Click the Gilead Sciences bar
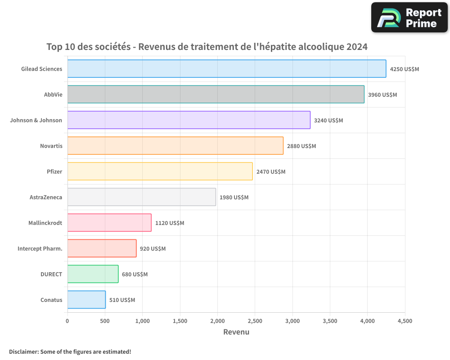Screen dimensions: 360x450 tap(226, 69)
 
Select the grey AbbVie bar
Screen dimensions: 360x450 tap(216, 94)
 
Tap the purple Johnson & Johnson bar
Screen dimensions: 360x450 tap(189, 120)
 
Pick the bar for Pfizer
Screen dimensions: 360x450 tap(160, 171)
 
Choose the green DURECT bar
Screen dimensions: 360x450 tap(93, 274)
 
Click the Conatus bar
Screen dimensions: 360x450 tap(86, 300)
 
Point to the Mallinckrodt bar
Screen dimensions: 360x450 tap(109, 223)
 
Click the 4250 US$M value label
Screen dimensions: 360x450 tap(404, 69)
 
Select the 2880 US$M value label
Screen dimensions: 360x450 tap(301, 146)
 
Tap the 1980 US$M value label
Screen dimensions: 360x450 tap(234, 198)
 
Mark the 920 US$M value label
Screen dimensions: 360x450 tap(153, 249)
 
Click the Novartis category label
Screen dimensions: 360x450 tap(51, 146)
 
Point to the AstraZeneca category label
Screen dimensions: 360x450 tap(45, 198)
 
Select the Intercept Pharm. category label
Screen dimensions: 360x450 tap(40, 249)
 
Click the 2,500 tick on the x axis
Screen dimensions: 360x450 tap(255, 321)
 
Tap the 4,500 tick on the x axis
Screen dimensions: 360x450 tap(405, 321)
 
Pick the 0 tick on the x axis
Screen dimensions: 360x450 tap(67, 321)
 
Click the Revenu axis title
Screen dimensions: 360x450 tap(236, 332)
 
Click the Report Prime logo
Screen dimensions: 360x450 tap(409, 18)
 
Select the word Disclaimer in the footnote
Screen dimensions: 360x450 tap(23, 351)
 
